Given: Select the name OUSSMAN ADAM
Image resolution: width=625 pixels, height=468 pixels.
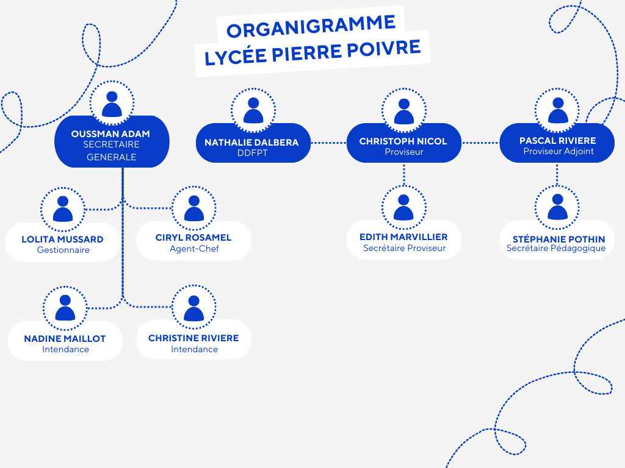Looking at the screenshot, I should point(110,133).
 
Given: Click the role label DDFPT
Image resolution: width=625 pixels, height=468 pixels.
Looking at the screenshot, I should point(253,153).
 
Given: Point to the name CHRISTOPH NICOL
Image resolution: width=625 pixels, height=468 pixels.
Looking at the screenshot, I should point(403,141).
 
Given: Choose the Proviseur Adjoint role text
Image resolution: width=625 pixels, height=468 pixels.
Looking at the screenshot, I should point(558,151).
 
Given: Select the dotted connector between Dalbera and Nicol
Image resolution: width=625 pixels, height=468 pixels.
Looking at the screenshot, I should point(329,143).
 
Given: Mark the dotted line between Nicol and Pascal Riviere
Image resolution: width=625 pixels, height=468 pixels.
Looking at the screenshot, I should point(480,143).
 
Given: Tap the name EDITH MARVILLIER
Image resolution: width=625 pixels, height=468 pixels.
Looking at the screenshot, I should point(403,236).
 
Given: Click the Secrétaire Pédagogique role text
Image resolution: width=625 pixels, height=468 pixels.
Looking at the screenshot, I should point(556,248).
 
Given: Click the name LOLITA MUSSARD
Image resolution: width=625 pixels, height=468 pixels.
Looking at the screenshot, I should point(62,239).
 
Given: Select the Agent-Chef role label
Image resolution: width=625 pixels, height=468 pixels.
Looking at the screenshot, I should point(194,249).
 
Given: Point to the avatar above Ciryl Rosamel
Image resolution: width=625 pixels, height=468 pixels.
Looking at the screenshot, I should point(194,208).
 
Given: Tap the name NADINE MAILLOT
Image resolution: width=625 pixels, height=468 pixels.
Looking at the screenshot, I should point(65,338).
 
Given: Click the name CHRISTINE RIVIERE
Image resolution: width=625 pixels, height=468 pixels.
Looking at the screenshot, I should point(193,338).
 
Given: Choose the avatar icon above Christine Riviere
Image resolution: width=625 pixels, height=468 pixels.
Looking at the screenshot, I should point(194,308).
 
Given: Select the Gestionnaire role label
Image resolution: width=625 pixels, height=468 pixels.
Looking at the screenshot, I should point(63,250).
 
